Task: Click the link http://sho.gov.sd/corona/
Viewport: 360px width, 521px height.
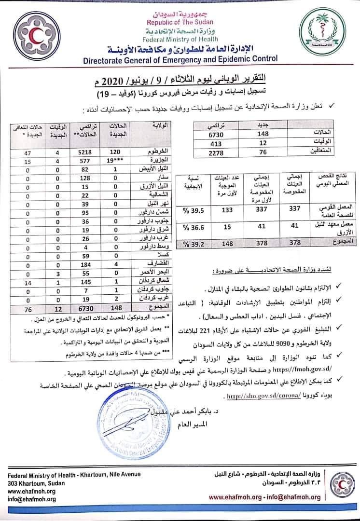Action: (x=259, y=396)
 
